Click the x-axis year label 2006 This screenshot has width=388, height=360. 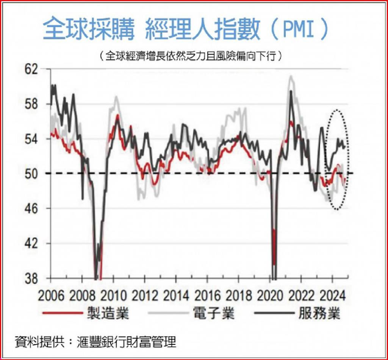pos(51,295)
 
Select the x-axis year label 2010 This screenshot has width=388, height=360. pos(113,295)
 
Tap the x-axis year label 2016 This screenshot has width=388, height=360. pos(207,295)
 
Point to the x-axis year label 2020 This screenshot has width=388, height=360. pos(270,295)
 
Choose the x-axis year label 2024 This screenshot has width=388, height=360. pos(332,295)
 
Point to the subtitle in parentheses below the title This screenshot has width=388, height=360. pos(191,56)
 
